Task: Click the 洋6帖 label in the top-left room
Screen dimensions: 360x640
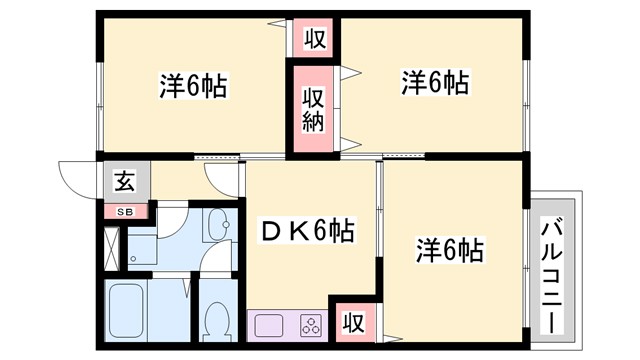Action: point(192,86)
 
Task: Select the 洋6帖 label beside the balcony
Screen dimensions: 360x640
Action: point(449,249)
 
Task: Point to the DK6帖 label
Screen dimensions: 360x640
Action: point(306,232)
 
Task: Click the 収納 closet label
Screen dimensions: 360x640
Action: point(313,109)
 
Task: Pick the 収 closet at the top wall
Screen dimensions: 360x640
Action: point(314,40)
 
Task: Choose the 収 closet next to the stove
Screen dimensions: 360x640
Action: point(351,322)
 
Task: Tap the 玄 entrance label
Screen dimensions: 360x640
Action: point(124,182)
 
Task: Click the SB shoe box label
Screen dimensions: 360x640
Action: point(125,212)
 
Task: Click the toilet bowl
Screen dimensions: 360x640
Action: point(216,321)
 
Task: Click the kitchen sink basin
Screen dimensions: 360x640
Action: point(270,325)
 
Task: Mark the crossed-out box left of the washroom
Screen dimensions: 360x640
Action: point(111,244)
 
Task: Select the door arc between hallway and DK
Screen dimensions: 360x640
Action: point(223,176)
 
